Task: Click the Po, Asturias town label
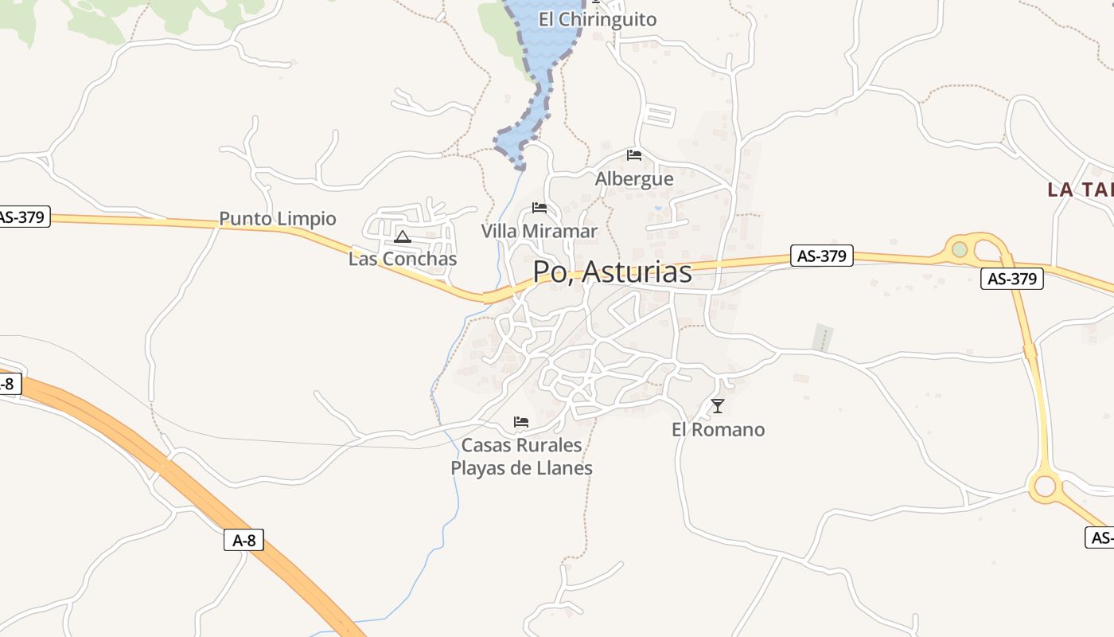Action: tap(612, 272)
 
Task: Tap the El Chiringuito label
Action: tap(598, 20)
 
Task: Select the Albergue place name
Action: tap(634, 179)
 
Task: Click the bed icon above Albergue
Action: tap(634, 154)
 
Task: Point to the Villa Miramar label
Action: tap(539, 231)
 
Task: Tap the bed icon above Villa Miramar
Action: tap(539, 208)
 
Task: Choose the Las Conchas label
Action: tap(403, 259)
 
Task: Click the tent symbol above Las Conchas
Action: tap(403, 236)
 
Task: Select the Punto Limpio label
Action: tap(278, 218)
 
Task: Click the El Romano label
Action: tap(718, 430)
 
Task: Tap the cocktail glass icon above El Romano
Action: tap(718, 406)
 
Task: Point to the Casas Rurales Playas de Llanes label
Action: tap(522, 456)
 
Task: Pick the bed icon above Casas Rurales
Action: tap(521, 421)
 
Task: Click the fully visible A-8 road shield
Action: tap(243, 540)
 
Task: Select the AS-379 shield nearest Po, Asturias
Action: tap(822, 256)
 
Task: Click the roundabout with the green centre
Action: tap(960, 249)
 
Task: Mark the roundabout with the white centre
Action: tap(1045, 485)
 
